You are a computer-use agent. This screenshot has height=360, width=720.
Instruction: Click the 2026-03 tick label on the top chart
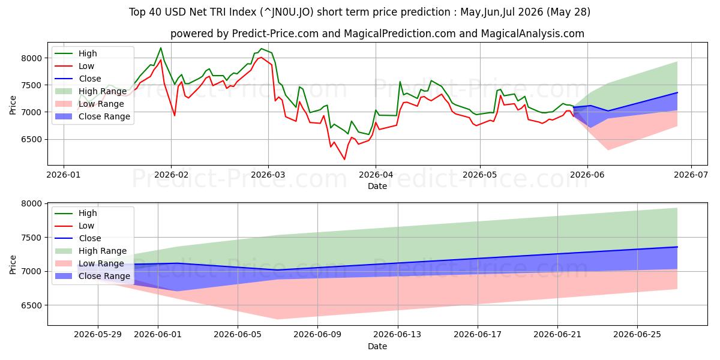coord(268,175)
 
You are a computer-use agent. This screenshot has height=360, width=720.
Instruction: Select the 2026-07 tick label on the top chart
coord(691,175)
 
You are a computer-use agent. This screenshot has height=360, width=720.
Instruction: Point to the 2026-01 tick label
coord(64,175)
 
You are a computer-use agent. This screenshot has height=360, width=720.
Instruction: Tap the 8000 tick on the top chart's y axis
coord(31,58)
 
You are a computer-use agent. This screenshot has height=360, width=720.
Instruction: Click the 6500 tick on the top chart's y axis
coord(31,139)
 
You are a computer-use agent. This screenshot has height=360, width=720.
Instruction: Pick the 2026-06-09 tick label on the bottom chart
coord(317,335)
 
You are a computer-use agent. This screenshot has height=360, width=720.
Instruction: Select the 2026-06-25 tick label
coord(637,335)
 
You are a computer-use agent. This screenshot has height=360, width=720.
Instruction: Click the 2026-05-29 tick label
coord(98,335)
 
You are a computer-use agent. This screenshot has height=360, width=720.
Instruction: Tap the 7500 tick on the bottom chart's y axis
coord(31,238)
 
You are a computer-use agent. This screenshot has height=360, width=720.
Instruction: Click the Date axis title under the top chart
coord(377,186)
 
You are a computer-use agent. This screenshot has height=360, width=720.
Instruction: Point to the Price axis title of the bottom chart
coord(13,265)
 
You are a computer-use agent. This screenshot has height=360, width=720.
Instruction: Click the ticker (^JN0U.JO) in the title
coord(286,12)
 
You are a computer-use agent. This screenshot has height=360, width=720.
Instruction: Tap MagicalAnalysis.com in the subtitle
coord(532,34)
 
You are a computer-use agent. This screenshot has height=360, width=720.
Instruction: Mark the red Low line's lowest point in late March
coord(344,160)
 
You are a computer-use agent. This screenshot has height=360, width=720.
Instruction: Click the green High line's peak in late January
coord(161,48)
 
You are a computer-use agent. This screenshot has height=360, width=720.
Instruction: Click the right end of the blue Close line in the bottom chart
coord(677,247)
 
